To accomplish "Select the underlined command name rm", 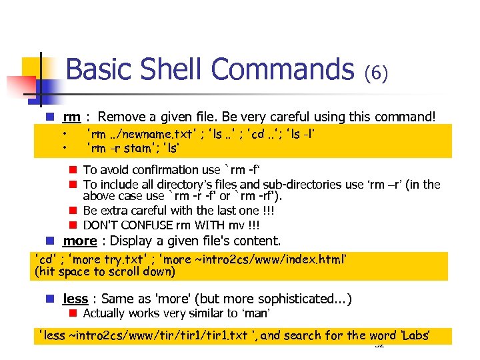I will click(x=71, y=117).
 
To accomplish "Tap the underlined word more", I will click(x=81, y=241).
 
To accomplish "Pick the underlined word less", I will click(x=76, y=299).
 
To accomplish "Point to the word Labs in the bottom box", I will click(x=415, y=335).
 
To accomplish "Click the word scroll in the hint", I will click(x=122, y=271).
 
